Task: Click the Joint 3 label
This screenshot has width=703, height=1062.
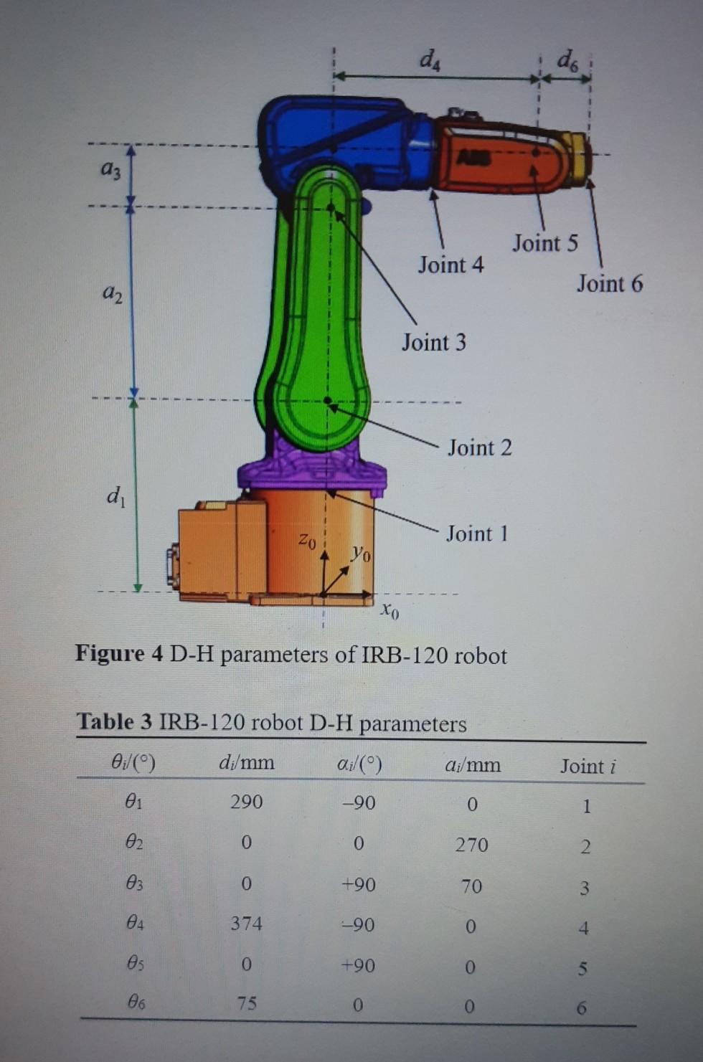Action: (x=433, y=342)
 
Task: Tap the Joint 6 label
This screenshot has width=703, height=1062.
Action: (x=610, y=284)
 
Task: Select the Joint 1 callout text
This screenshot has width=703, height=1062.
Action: (x=477, y=534)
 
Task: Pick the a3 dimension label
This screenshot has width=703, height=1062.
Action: (x=110, y=169)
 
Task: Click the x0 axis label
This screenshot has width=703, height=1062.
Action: (x=390, y=610)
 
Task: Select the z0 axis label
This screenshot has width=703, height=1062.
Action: (x=307, y=539)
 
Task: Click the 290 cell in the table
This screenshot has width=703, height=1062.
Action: (x=246, y=802)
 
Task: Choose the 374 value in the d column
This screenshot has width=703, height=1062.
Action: (x=246, y=923)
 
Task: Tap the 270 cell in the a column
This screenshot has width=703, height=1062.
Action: (x=471, y=845)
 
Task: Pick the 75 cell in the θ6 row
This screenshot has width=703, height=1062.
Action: (x=246, y=1002)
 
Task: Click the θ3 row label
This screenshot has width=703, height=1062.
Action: (x=135, y=883)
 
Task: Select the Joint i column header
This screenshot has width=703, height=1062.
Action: (x=588, y=767)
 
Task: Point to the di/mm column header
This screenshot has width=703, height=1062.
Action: (x=246, y=762)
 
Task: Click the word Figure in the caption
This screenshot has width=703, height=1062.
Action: (x=110, y=653)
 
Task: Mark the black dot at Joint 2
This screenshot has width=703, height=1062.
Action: (x=328, y=400)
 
